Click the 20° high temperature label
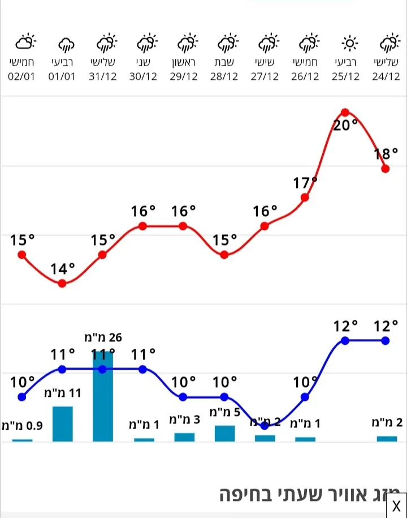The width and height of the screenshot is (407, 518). [x=345, y=126]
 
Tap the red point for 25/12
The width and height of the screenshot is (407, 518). [x=345, y=113]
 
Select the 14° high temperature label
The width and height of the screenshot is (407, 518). [x=62, y=269]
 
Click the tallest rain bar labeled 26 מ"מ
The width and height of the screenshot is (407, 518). [x=103, y=396]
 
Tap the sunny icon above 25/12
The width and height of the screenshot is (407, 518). [x=350, y=43]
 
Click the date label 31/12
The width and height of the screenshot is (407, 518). [x=103, y=77]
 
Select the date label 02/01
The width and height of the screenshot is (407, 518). [x=22, y=77]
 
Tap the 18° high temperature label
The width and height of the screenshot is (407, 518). [x=386, y=154]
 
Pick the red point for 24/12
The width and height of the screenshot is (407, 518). [x=386, y=168]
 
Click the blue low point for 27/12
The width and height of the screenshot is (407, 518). [x=265, y=426]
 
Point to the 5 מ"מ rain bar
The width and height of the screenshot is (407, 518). [x=224, y=433]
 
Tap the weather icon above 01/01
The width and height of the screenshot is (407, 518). [x=66, y=43]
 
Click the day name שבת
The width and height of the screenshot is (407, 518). [x=224, y=62]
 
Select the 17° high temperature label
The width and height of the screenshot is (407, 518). [x=305, y=183]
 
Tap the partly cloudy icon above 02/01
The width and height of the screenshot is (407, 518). [x=25, y=42]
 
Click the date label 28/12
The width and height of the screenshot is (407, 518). [x=224, y=77]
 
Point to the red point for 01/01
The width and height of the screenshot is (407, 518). [x=62, y=283]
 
